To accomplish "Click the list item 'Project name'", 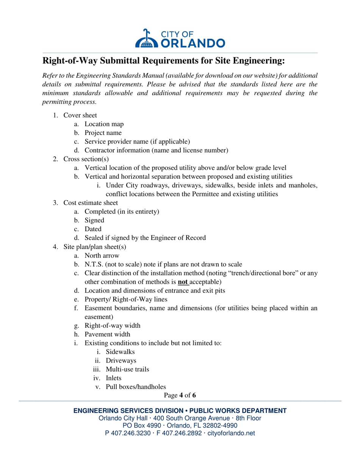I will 103,133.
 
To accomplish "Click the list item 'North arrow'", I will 102,256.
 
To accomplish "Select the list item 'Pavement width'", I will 107,334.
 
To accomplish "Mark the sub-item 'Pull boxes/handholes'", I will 136,387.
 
